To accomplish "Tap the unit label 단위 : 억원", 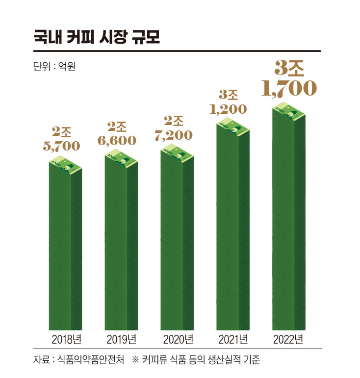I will click(x=53, y=65).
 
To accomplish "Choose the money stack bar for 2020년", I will click(x=177, y=240).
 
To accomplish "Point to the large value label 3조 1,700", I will click(x=289, y=78).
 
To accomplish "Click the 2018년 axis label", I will click(x=66, y=339).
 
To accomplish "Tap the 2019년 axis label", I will click(x=121, y=339).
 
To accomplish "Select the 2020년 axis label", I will click(x=177, y=339).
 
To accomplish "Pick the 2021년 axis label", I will click(x=233, y=339).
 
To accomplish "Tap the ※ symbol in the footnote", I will click(x=136, y=360).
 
